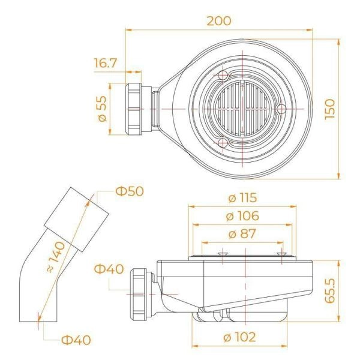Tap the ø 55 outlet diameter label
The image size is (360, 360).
103,109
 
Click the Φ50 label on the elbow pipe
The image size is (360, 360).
130,191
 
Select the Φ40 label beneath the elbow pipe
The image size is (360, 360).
76,340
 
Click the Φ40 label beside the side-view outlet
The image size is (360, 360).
109,268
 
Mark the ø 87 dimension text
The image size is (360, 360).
242,233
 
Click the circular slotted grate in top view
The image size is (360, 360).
242,108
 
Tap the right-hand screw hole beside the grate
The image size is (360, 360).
280,108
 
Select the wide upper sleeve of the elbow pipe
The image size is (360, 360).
79,220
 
